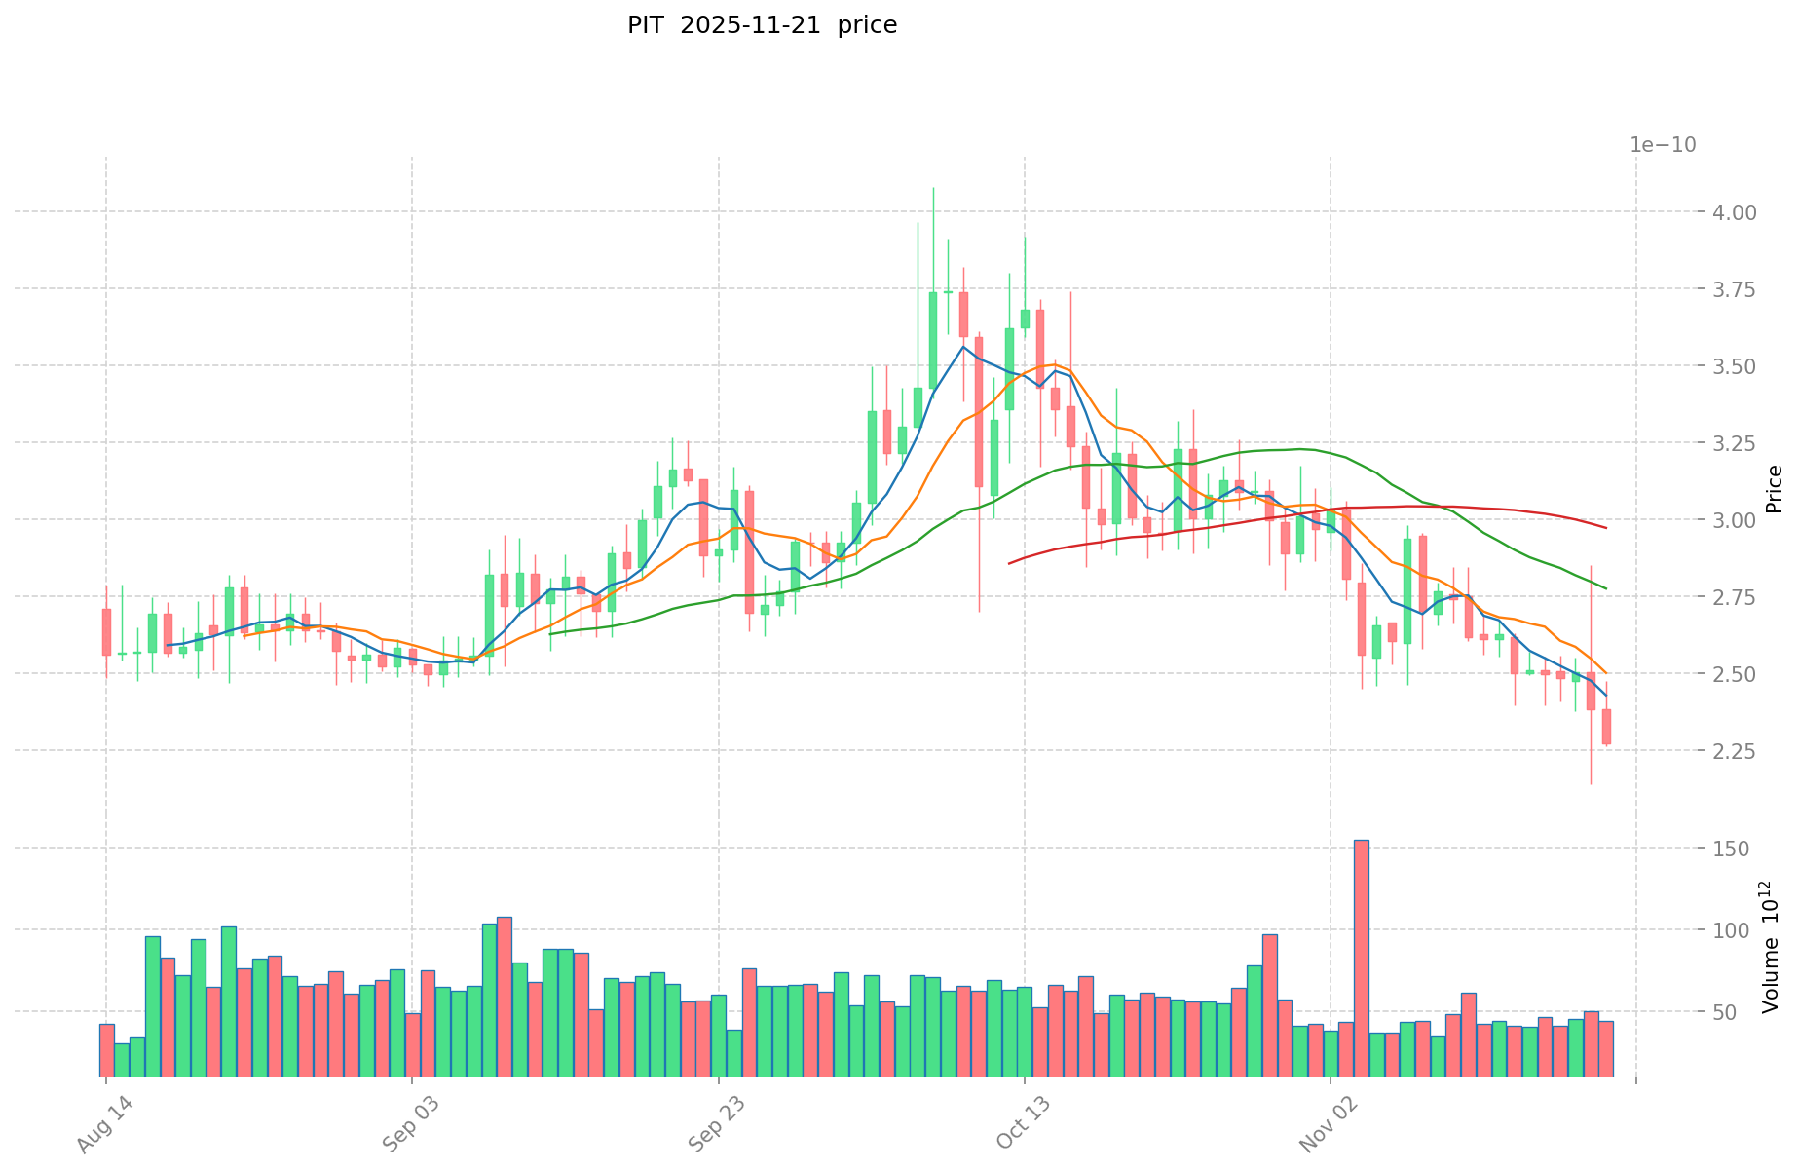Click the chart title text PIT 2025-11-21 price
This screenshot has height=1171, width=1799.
click(762, 25)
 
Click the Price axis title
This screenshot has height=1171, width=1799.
click(1775, 489)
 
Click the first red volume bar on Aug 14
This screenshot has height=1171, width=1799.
click(106, 1050)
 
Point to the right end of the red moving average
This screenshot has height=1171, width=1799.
click(1605, 528)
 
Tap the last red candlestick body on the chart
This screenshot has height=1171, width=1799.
click(1606, 727)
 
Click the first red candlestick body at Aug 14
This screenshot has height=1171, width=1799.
click(106, 632)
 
